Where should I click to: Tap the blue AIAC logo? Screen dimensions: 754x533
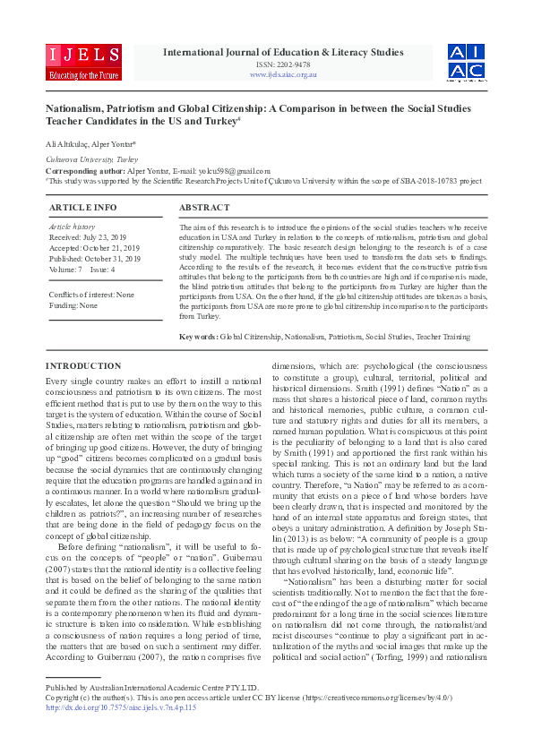tap(468, 61)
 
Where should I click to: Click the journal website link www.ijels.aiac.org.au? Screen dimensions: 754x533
tap(283, 74)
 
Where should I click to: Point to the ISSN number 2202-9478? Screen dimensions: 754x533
tap(282, 64)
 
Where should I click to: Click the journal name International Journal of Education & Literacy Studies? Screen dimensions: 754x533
tap(282, 52)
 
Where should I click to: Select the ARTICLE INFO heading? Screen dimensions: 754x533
tap(82, 207)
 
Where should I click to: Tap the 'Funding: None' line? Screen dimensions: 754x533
tap(73, 305)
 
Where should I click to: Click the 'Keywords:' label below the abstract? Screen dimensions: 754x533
tap(199, 336)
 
